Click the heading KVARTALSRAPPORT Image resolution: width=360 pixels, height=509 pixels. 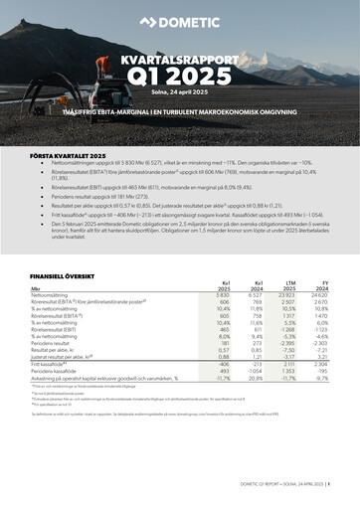click(x=180, y=61)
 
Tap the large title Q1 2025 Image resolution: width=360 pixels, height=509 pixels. click(x=180, y=78)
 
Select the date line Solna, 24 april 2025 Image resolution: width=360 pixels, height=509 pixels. click(x=180, y=92)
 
